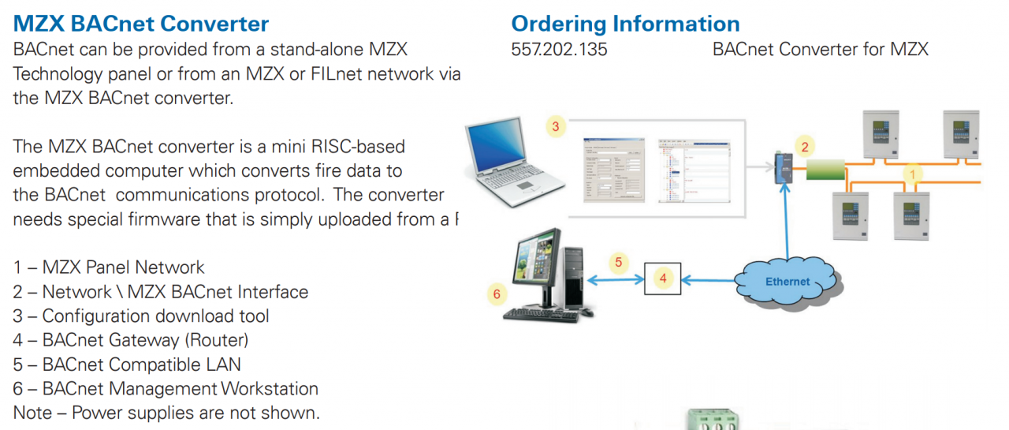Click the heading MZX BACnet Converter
coord(141,24)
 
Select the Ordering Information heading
coord(625,24)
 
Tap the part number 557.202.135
coord(560,50)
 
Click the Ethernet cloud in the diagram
coord(787,281)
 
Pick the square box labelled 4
coord(663,278)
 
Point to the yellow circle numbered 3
coord(556,126)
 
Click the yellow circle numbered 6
coord(496,294)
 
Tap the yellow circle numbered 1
coord(913,173)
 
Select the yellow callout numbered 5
coord(619,261)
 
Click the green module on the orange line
coord(825,168)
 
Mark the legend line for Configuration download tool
coord(141,316)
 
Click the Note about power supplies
coord(166,413)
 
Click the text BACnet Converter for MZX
coord(820,50)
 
